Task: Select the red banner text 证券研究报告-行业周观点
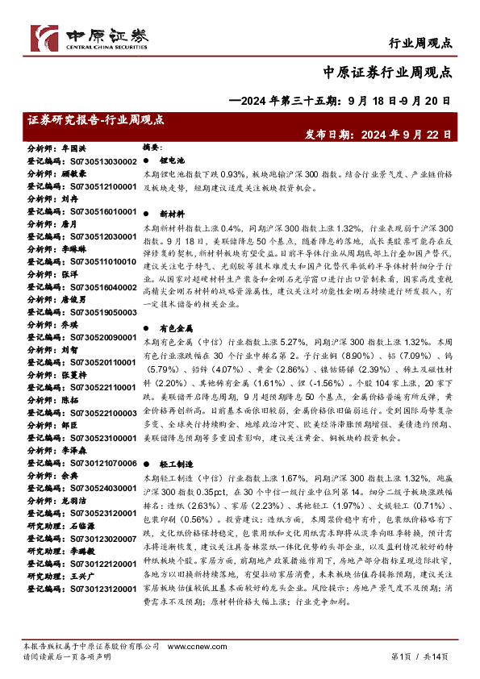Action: pyautogui.click(x=95, y=119)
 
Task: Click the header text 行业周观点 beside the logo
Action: pyautogui.click(x=420, y=42)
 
